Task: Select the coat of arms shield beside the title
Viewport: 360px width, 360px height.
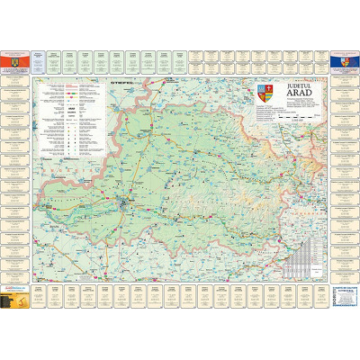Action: (x=265, y=91)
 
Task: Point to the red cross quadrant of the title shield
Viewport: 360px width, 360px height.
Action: (x=262, y=88)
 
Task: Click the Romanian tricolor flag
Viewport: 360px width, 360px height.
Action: (x=13, y=60)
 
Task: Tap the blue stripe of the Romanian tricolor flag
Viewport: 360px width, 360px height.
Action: (x=7, y=60)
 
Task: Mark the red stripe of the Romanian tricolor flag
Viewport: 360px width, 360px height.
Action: (x=18, y=60)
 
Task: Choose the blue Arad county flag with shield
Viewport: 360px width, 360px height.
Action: (x=346, y=60)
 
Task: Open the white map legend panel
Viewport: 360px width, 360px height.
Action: (x=67, y=117)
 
